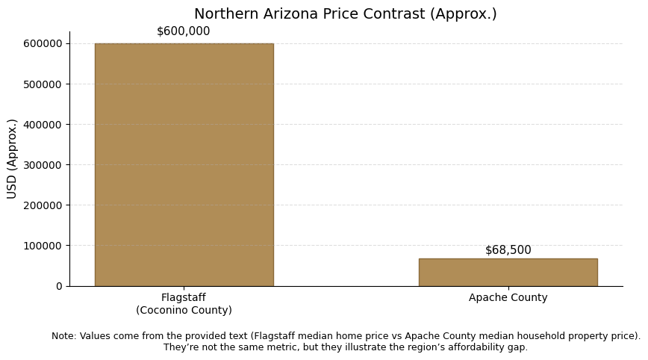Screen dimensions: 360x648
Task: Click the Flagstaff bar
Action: tap(184, 164)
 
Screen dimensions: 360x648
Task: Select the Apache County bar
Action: tap(508, 273)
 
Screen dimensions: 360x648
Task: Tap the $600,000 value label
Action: tap(184, 31)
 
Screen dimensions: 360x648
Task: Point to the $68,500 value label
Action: tap(508, 250)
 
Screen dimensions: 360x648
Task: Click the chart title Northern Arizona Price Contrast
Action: tap(345, 14)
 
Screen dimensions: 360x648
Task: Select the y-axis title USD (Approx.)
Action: tap(13, 158)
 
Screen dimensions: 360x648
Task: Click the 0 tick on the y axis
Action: tap(59, 286)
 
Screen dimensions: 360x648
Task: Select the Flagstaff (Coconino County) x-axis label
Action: tap(184, 304)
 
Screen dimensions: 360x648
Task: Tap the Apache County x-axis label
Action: tap(508, 298)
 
